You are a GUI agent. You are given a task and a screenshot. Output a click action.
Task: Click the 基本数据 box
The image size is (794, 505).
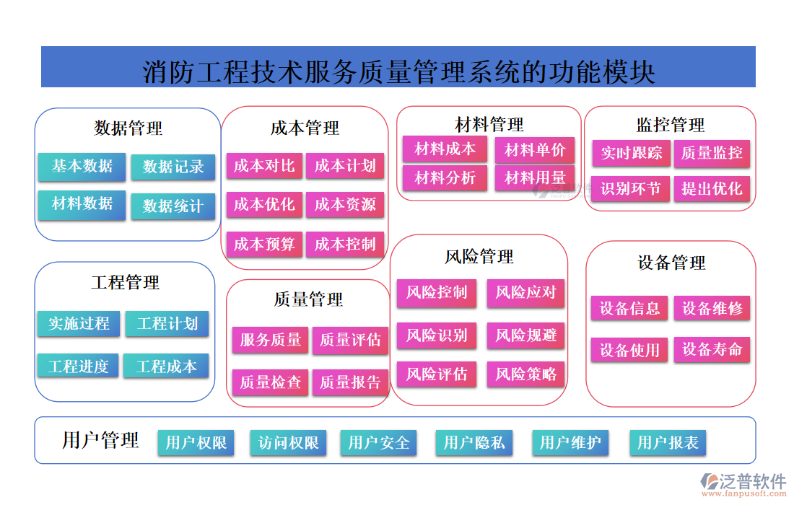pos(82,166)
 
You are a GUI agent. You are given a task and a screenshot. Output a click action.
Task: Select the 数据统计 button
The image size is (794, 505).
pos(173,206)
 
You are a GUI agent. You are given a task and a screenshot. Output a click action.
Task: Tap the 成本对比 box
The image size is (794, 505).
pos(264,166)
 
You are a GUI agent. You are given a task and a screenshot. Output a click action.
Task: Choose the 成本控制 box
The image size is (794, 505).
pos(345,245)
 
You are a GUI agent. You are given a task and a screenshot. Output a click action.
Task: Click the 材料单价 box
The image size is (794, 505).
pos(535,150)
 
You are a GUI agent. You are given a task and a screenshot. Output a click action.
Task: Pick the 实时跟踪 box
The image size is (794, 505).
pos(632,153)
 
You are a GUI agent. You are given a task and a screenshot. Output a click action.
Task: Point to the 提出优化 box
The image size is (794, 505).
pos(712,189)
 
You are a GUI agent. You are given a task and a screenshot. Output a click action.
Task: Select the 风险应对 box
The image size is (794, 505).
pos(525,292)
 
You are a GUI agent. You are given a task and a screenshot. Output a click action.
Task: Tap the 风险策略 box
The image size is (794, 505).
pos(525,374)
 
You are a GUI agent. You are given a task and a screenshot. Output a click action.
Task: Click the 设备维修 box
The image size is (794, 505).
pos(712,309)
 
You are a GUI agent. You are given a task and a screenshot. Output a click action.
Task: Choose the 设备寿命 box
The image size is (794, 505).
pos(712,350)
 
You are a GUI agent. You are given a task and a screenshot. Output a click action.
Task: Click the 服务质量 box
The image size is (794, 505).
pos(271,340)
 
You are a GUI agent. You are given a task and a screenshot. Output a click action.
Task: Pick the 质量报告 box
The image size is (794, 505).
pos(350,382)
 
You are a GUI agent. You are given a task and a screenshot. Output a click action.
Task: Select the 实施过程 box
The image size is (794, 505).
pos(79,324)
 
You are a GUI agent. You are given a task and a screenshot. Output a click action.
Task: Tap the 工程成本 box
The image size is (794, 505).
pos(166,366)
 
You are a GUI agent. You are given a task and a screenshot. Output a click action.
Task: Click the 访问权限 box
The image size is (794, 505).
pos(288,442)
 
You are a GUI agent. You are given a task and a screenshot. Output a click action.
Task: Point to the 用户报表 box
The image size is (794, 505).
pos(668,442)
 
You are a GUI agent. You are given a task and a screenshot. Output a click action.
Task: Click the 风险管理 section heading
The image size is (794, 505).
pos(479,257)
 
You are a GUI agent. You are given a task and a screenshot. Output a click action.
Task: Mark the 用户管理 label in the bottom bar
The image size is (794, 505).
pos(100,440)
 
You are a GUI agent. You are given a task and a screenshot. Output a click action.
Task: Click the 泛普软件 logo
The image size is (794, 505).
pos(743,482)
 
